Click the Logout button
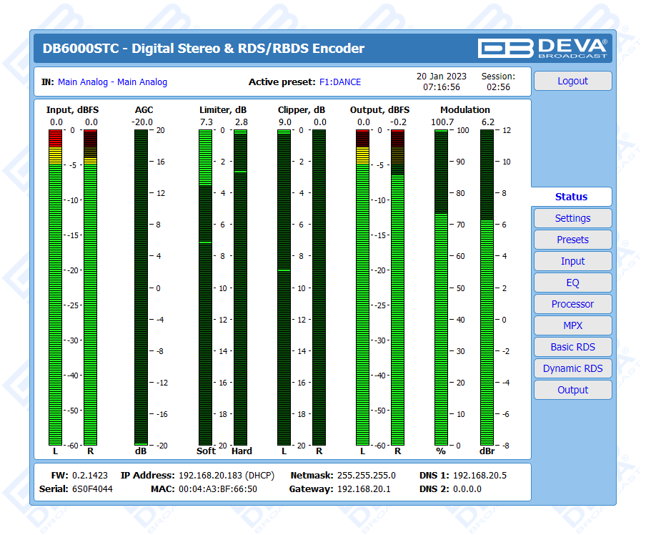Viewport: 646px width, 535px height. [572, 81]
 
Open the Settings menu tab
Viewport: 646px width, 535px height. [572, 218]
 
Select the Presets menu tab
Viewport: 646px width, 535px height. [572, 240]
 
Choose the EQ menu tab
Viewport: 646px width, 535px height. [572, 283]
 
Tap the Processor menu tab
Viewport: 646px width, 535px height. [572, 304]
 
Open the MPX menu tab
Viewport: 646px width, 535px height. [572, 325]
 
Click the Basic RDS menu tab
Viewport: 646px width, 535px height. [572, 347]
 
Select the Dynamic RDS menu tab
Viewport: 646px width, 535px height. [572, 368]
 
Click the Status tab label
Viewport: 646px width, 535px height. [571, 197]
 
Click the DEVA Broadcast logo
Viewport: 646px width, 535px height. [542, 48]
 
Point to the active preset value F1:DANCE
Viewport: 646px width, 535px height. [340, 82]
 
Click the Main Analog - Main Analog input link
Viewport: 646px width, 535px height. [112, 82]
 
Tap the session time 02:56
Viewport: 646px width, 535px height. [498, 87]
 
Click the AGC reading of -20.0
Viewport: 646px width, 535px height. [142, 122]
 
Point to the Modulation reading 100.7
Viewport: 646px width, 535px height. [442, 122]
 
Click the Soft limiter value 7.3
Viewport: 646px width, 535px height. [206, 122]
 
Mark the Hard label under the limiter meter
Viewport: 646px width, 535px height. [242, 451]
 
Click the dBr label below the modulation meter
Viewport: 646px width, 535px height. [487, 451]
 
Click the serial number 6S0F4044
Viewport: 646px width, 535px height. [92, 489]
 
